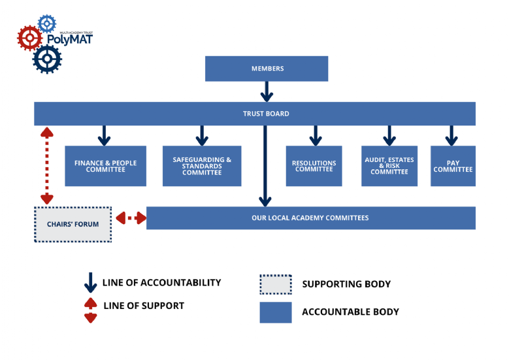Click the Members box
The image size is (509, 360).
tap(267, 69)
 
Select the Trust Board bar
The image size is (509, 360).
tap(255, 114)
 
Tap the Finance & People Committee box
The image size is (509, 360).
tap(105, 166)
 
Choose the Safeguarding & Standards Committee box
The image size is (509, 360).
tap(202, 166)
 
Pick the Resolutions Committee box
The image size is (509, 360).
tap(314, 166)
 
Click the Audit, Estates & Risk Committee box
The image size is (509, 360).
tap(389, 166)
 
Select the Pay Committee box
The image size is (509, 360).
tap(453, 166)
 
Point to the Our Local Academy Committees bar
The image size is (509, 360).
tap(310, 218)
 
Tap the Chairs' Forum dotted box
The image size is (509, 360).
tap(73, 225)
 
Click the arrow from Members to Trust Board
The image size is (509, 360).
tap(267, 91)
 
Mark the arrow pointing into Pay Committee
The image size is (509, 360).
tap(450, 135)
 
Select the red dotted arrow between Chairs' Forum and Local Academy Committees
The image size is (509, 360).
tap(131, 218)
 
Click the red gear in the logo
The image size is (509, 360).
tap(29, 38)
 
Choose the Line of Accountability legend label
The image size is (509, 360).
tap(161, 283)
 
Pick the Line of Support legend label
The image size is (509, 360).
tap(144, 306)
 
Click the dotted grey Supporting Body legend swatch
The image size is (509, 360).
tap(276, 284)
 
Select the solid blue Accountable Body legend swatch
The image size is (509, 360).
tap(276, 312)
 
